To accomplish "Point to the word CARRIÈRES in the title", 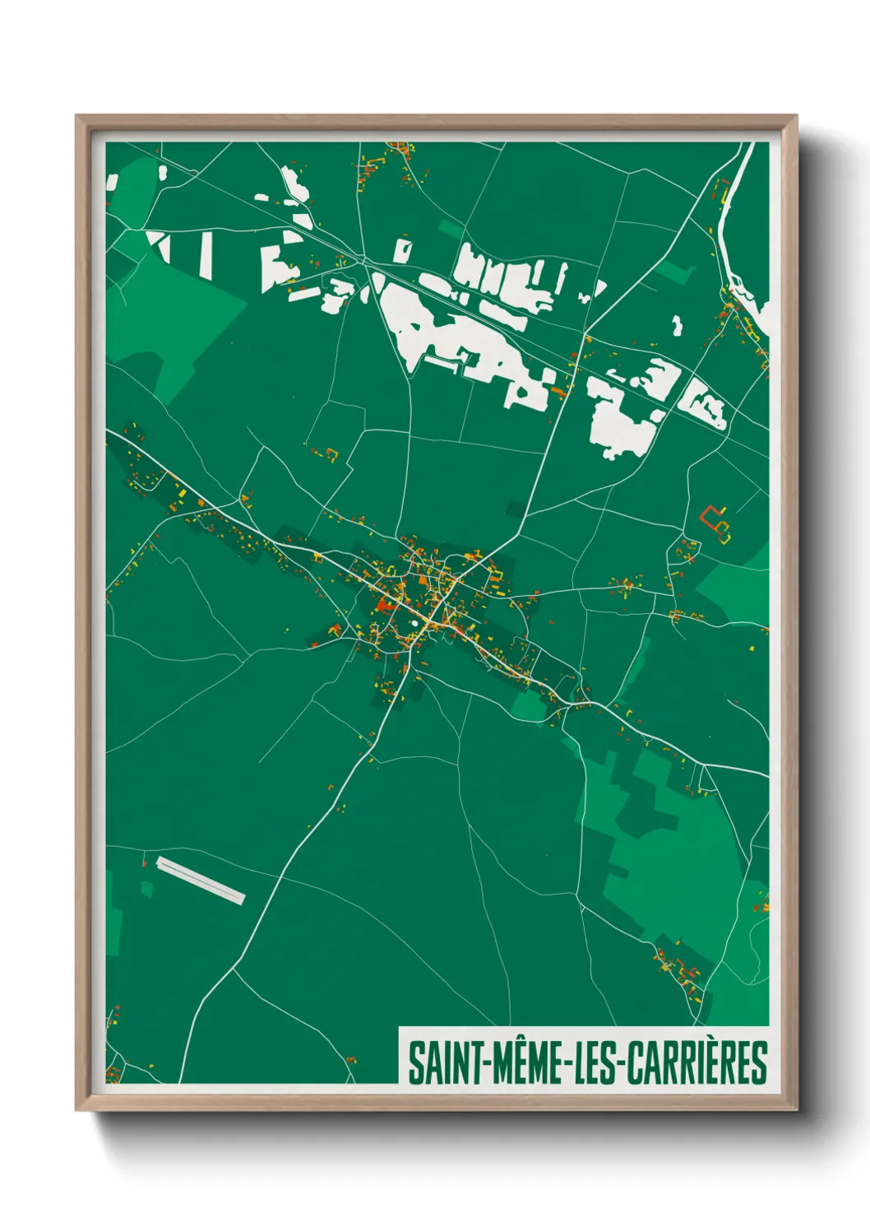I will pyautogui.click(x=697, y=1063).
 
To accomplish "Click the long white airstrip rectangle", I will pyautogui.click(x=201, y=880).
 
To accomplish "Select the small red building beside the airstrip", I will pyautogui.click(x=146, y=863).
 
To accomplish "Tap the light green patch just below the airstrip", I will pyautogui.click(x=146, y=890).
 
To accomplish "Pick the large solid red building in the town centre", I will pyautogui.click(x=383, y=606).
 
